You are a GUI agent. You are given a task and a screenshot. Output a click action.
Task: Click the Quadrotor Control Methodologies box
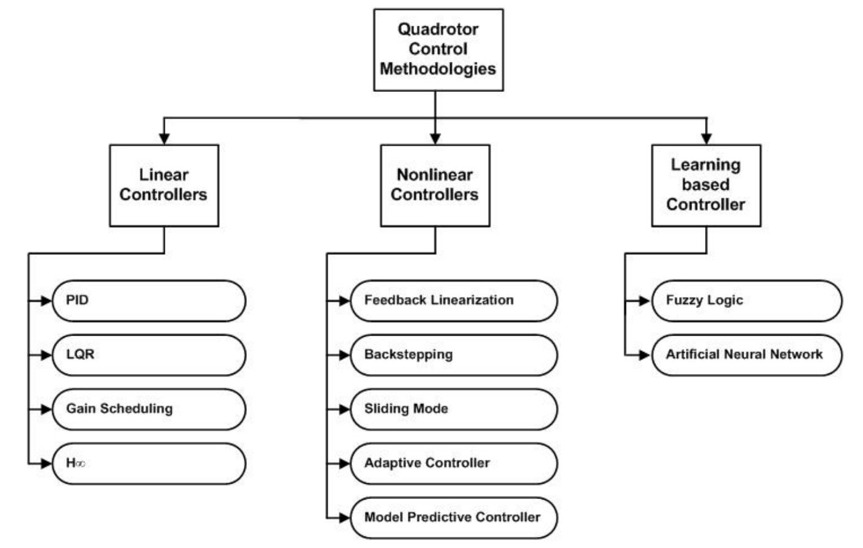(438, 50)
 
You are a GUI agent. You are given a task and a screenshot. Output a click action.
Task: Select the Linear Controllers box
(164, 185)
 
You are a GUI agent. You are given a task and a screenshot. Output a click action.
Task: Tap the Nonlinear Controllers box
(435, 185)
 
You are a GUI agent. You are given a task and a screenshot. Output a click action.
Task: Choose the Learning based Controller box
(706, 185)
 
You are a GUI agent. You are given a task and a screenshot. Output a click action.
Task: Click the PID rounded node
(149, 301)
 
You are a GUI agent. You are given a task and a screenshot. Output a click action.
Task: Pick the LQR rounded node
(149, 355)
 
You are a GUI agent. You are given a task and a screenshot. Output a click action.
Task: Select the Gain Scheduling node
(149, 409)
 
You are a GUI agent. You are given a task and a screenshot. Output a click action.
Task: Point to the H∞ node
(149, 464)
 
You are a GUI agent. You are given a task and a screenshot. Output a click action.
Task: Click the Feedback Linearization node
(453, 301)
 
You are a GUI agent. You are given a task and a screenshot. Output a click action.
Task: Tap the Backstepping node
(453, 355)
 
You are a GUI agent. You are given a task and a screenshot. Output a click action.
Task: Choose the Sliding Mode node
(453, 409)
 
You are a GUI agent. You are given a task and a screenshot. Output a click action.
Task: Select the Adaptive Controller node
(453, 464)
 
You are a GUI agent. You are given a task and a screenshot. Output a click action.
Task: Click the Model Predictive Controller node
(453, 517)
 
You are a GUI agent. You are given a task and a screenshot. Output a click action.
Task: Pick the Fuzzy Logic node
(747, 301)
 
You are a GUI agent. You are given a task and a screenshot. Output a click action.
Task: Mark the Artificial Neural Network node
(747, 355)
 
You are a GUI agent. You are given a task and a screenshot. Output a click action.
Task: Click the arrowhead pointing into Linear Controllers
(164, 138)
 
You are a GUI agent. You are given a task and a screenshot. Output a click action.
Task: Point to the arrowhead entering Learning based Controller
(706, 138)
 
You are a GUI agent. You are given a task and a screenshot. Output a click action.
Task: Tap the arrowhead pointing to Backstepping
(344, 355)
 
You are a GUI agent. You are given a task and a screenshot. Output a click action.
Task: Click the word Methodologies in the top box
(438, 69)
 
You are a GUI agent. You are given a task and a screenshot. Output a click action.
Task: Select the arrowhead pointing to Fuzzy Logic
(644, 301)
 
